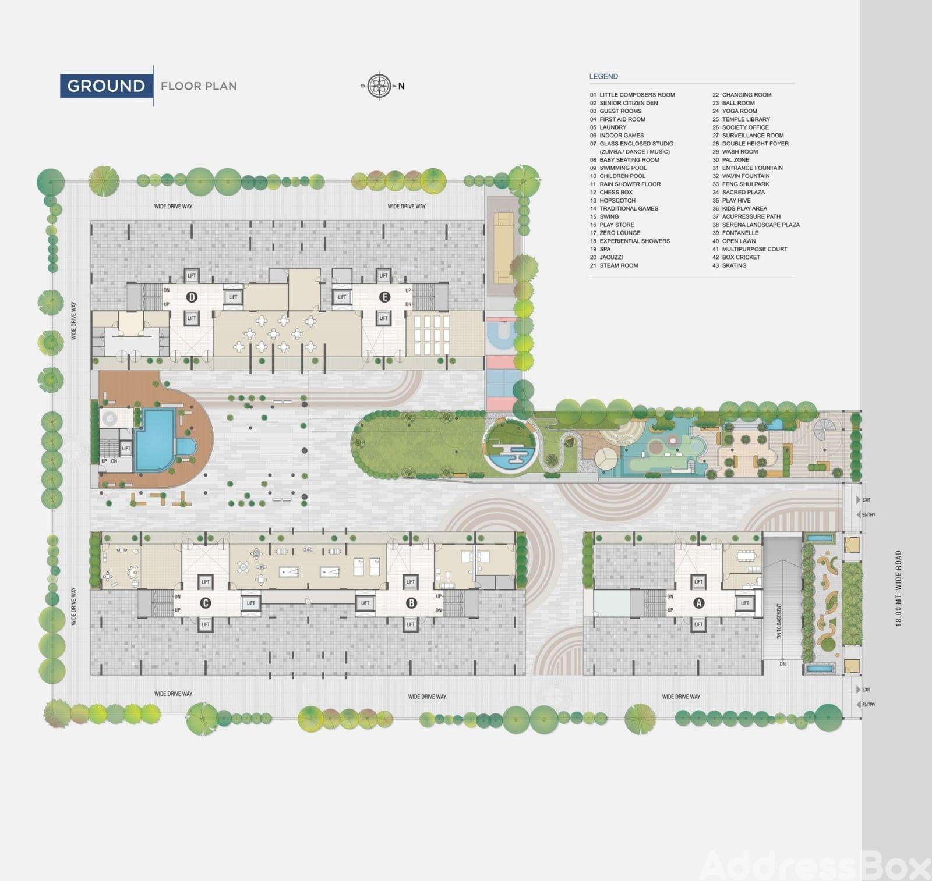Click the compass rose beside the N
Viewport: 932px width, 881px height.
pyautogui.click(x=379, y=86)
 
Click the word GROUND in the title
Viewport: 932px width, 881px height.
pyautogui.click(x=106, y=86)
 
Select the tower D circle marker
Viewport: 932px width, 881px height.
pyautogui.click(x=192, y=297)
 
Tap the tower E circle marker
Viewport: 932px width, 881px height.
pyautogui.click(x=384, y=297)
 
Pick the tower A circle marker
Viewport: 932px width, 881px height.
pyautogui.click(x=698, y=603)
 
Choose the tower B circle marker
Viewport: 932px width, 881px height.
pyautogui.click(x=411, y=603)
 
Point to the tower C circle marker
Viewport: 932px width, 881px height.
pyautogui.click(x=205, y=603)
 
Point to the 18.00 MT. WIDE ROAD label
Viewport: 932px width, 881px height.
pyautogui.click(x=898, y=588)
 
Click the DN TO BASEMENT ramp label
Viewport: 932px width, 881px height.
pyautogui.click(x=779, y=621)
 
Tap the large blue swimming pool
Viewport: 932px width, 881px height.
pyautogui.click(x=155, y=440)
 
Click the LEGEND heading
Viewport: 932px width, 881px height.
pyautogui.click(x=603, y=76)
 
